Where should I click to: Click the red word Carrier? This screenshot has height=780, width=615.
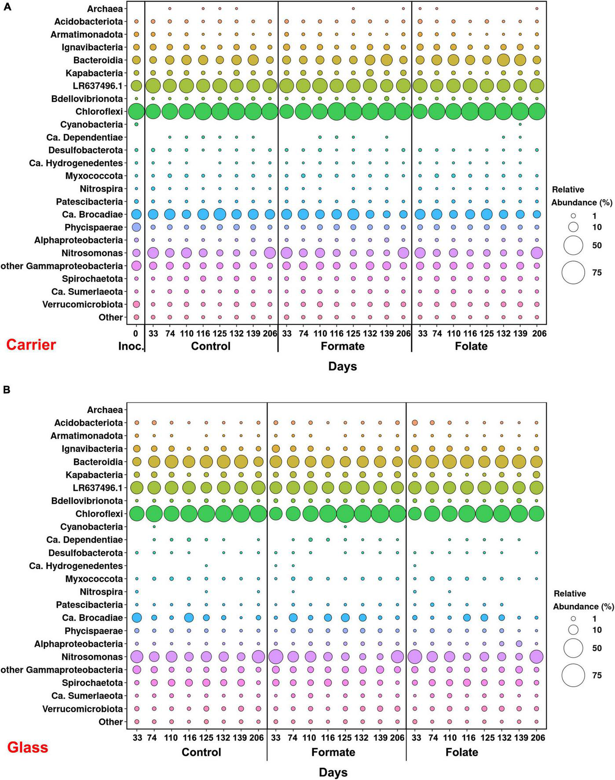31,344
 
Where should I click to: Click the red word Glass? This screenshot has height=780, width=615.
28,747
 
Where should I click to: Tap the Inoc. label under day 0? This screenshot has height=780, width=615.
131,346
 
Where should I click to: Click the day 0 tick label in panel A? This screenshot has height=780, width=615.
136,334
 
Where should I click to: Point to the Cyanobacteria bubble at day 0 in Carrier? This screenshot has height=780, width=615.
136,124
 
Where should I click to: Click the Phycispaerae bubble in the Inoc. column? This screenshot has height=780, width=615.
136,227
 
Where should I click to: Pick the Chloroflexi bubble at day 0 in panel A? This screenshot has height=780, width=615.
136,111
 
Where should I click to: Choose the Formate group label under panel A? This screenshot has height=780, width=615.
343,346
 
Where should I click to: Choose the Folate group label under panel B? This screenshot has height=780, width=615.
461,752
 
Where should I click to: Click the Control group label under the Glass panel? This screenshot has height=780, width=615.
201,752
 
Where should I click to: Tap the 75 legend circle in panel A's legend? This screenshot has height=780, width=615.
573,272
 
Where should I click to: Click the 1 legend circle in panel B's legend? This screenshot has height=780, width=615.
573,618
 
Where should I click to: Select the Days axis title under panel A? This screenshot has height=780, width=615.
342,366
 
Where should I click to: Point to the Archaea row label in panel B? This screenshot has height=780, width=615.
105,410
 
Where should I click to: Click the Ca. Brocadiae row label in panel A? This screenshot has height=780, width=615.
92,214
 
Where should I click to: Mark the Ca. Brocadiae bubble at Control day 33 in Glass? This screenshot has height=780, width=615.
136,618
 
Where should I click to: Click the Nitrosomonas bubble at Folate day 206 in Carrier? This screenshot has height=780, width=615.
537,253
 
